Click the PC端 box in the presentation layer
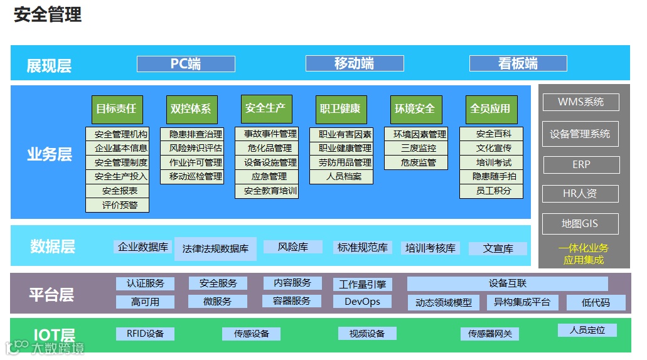tap(186, 63)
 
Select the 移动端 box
tap(355, 63)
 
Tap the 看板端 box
tap(518, 63)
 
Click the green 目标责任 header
tap(116, 109)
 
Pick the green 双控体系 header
tap(191, 109)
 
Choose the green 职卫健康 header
tap(341, 109)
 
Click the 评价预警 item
tap(117, 205)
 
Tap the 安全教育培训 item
tap(267, 191)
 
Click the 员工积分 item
tap(491, 191)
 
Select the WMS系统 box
tap(580, 102)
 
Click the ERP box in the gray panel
tap(580, 165)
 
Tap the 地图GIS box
tap(580, 224)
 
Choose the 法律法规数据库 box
tap(215, 248)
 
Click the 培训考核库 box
tap(430, 248)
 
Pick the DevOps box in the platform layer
tap(362, 302)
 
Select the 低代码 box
tap(596, 303)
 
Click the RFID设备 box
tap(145, 334)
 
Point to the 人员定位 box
tap(587, 330)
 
